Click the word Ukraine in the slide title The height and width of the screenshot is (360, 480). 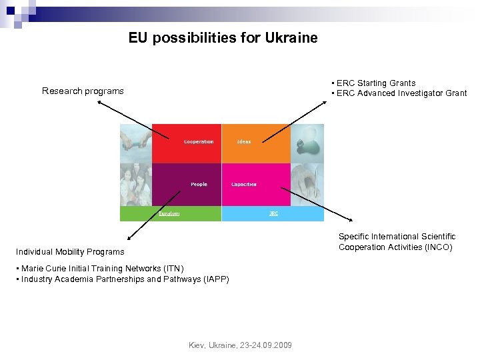pos(291,38)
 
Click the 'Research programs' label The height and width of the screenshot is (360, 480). pos(83,91)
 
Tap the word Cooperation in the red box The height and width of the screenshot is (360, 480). pos(199,142)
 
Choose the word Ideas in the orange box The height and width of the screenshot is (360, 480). pos(244,142)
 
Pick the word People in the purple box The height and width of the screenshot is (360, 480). pos(199,184)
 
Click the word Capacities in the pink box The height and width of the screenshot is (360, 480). pos(244,184)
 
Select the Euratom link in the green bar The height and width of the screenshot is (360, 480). pos(169,214)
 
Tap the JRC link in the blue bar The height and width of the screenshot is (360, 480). pos(273,214)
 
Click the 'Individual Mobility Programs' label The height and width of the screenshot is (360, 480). pos(70,252)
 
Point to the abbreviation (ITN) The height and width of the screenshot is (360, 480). pos(172,269)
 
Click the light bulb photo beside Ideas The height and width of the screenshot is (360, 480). pos(307,143)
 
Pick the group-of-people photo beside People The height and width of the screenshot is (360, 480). pos(136,184)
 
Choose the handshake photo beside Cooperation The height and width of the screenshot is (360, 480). pos(136,143)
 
